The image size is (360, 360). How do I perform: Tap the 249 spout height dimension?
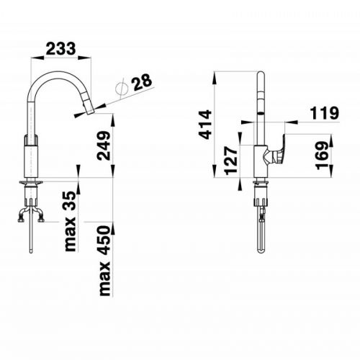pyautogui.click(x=104, y=146)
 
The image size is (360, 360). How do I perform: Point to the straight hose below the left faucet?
pyautogui.click(x=31, y=238)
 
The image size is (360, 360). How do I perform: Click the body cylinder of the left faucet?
pyautogui.click(x=31, y=158)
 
